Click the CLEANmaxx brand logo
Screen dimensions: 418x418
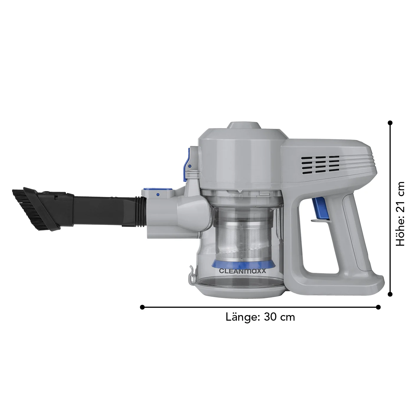pyautogui.click(x=242, y=271)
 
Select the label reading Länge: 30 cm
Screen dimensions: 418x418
pyautogui.click(x=260, y=317)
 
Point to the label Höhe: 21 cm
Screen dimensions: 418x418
pyautogui.click(x=400, y=214)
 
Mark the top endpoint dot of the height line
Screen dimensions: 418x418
pyautogui.click(x=390, y=123)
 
